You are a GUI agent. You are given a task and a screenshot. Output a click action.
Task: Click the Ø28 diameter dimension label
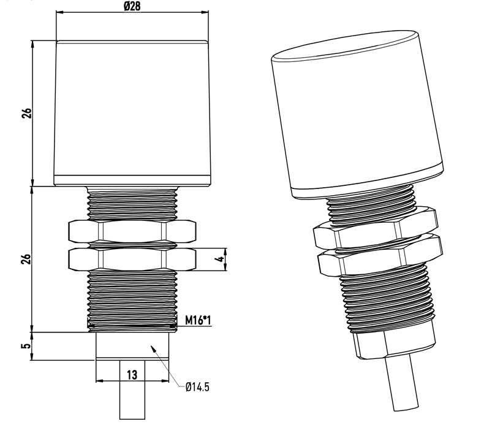pos(132,6)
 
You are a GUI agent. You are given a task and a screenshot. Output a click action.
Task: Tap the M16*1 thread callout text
pos(198,320)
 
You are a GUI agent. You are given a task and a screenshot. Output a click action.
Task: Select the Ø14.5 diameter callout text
pos(197,387)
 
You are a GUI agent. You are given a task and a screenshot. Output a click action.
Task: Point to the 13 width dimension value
pos(132,375)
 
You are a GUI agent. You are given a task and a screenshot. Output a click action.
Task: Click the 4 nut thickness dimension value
pos(219,260)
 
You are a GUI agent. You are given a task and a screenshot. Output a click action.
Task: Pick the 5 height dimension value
pos(27,345)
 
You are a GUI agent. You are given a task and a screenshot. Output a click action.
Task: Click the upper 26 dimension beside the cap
pos(27,113)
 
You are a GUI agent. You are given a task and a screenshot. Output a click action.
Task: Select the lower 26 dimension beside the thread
pos(27,259)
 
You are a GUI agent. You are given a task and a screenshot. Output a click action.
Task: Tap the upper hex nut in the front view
pos(132,231)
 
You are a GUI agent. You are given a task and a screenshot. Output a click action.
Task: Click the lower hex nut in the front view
pos(132,259)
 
